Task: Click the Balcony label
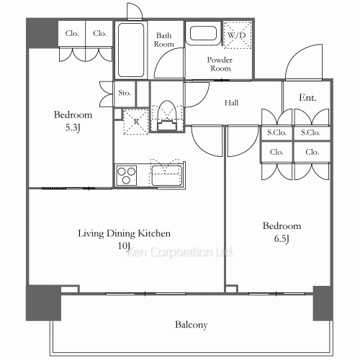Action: coord(191,325)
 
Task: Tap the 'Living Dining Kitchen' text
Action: coord(124,233)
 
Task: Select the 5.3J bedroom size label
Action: coord(73,127)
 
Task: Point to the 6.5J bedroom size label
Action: coord(282,239)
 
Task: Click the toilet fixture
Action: coord(167,116)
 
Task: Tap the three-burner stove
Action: coord(126,175)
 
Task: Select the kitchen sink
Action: coord(166,176)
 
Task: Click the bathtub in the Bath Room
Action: coord(131,50)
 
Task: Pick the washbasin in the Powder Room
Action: coord(204,33)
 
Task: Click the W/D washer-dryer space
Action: coord(237,35)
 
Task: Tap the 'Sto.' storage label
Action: coord(125,93)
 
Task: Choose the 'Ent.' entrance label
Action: coord(307,98)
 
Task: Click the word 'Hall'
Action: coord(231,103)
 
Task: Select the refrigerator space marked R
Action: coord(136,122)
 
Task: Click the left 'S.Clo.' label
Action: coord(277,132)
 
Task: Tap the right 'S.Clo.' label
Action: coord(310,132)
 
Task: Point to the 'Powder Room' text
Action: coord(220,64)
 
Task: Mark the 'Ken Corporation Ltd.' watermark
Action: coord(179,252)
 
